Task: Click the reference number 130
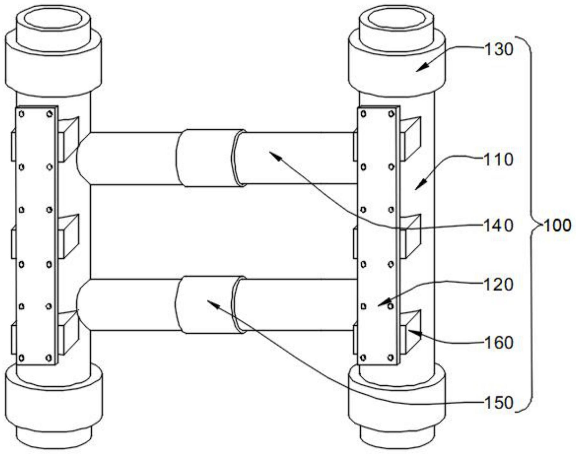pos(498,50)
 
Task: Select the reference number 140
pos(498,226)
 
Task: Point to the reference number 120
pos(498,284)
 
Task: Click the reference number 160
pos(498,343)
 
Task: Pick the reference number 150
pos(498,403)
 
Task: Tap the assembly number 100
pos(557,226)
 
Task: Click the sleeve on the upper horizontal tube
pos(208,158)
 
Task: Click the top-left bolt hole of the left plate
pos(22,114)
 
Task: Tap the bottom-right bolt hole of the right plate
pos(391,358)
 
